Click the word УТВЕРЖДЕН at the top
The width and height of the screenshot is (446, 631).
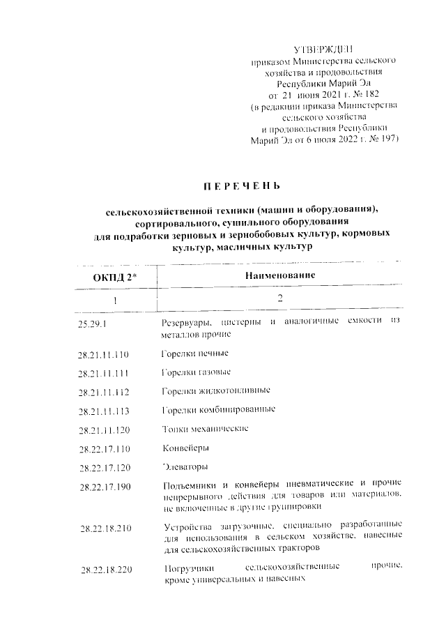click(x=325, y=50)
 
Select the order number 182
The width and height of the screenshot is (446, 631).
click(x=369, y=94)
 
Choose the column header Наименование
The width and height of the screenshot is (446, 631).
click(x=280, y=275)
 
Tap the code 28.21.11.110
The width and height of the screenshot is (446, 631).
click(x=105, y=354)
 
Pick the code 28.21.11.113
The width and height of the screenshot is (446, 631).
click(x=105, y=411)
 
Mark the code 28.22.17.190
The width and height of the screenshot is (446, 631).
click(x=105, y=486)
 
